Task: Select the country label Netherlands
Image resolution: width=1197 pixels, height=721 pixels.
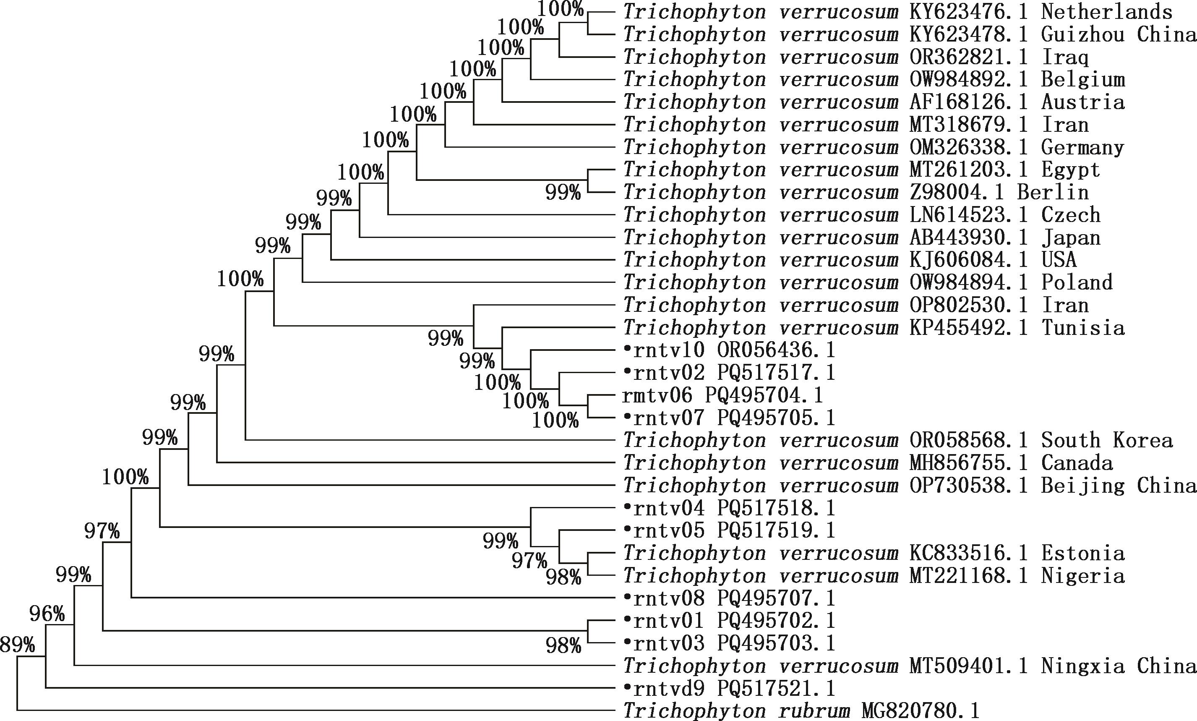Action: [1107, 12]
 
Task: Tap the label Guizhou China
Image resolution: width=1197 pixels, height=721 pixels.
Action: [1119, 34]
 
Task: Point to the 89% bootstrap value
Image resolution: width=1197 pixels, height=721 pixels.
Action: [18, 645]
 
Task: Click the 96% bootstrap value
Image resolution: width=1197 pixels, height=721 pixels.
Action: [47, 614]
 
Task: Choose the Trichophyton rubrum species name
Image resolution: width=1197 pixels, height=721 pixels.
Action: [737, 711]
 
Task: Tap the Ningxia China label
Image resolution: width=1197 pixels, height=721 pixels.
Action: [1119, 666]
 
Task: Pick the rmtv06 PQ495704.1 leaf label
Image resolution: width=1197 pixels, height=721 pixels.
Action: [722, 395]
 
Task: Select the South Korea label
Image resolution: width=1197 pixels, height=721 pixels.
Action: [1107, 440]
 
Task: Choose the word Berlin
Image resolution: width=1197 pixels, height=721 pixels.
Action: [1053, 192]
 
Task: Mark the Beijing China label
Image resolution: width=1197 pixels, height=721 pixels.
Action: [1119, 486]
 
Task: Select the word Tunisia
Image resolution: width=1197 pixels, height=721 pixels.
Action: [1083, 328]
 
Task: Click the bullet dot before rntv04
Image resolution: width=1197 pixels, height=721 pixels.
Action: [627, 508]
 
